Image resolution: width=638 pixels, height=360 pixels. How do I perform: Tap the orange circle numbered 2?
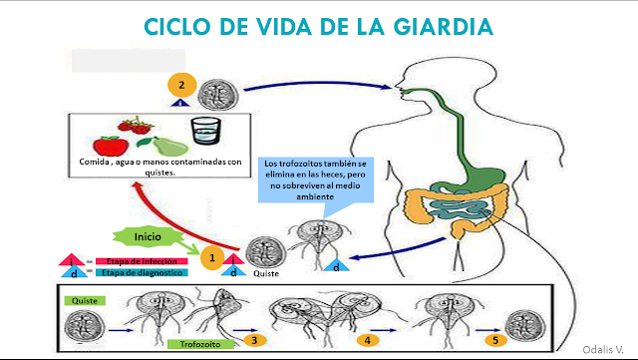pos(180,86)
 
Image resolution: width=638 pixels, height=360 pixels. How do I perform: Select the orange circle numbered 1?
pos(209,257)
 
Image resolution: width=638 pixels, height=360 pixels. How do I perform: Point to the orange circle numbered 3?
pos(256,340)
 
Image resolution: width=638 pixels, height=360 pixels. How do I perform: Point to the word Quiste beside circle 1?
pos(267,273)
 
